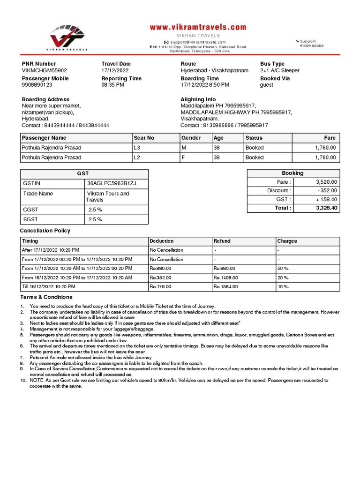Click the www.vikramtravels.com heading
198,28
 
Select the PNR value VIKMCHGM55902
45,71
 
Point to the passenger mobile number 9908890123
37,85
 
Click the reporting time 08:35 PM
113,85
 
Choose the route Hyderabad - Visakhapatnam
214,71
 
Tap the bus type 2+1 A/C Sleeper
279,71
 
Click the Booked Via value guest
266,85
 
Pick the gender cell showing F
183,158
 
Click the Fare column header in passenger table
330,138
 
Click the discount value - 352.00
327,191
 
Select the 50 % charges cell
283,269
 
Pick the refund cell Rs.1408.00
226,277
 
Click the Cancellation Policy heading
45,231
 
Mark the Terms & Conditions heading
46,297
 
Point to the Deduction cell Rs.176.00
160,287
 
